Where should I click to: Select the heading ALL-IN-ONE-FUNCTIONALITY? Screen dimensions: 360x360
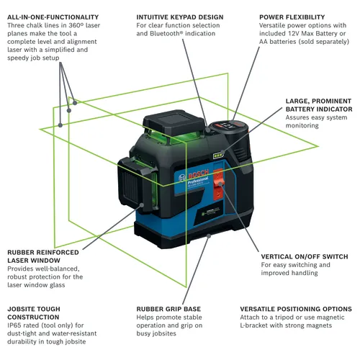coord(52,16)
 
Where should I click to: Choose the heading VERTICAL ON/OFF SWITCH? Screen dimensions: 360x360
coord(305,256)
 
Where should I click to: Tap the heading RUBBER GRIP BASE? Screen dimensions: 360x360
coord(168,308)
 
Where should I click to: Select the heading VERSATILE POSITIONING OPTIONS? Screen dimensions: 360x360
coord(295,308)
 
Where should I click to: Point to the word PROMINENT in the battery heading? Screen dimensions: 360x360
coord(315,102)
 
